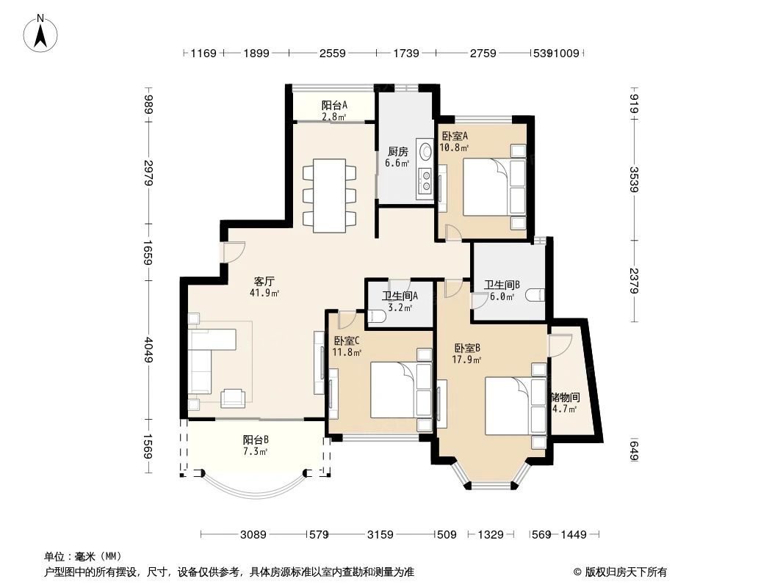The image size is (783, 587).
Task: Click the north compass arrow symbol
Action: pos(41,35)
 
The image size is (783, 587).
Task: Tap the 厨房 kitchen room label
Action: pos(397,151)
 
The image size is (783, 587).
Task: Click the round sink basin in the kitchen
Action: pos(426,151)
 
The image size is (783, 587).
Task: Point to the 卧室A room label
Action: pos(455,136)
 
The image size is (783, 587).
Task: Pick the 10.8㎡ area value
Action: pos(454,147)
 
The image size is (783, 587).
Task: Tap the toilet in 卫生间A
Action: pos(375,316)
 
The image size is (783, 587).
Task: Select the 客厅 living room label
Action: pos(264,281)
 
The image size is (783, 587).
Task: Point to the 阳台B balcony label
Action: pos(256,440)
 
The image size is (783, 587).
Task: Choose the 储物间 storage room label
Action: pos(566,398)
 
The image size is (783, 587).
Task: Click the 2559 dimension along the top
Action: pos(333,53)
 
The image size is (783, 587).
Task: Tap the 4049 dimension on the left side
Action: pos(148,350)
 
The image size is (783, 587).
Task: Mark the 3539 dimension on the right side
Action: pos(634,180)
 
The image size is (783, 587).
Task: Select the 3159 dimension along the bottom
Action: pos(380,535)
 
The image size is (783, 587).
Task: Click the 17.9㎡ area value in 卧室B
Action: pos(466,360)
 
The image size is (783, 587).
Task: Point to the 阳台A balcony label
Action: pos(334,105)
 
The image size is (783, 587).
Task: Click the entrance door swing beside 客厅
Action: pos(234,252)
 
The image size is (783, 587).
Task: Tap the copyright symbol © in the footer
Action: pos(578,572)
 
